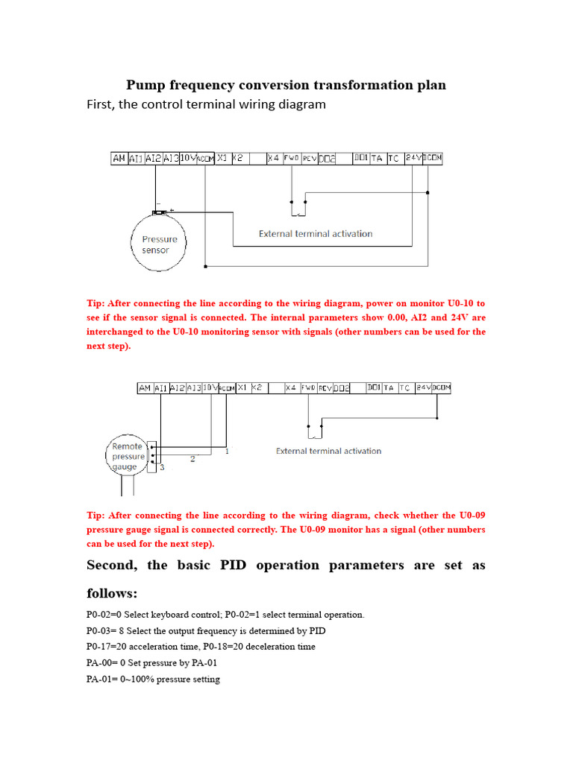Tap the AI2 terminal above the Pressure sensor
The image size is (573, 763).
[x=153, y=158]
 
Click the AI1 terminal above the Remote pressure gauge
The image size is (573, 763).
[x=161, y=387]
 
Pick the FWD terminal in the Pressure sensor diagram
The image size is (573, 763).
[x=291, y=158]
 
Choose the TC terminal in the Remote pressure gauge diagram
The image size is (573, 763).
[x=404, y=387]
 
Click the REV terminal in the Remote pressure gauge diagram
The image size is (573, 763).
[x=325, y=387]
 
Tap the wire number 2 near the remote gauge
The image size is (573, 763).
[x=192, y=459]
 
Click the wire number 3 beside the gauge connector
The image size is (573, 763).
[x=160, y=466]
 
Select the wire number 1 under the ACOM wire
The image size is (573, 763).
[x=226, y=451]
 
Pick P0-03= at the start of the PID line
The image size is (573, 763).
[x=103, y=630]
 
